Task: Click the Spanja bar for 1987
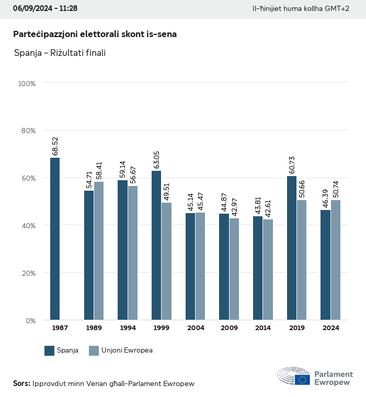coord(55,239)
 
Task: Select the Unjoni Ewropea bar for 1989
coord(99,251)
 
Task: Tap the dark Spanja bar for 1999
coord(156,245)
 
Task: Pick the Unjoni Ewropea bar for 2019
coord(302,260)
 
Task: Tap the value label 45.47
coord(200,200)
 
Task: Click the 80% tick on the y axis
coord(27,131)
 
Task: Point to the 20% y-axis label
coord(27,273)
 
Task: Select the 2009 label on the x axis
coord(229,328)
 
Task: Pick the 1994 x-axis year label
coord(128,328)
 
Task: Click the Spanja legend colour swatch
coord(50,351)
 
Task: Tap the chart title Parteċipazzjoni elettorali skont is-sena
coord(95,34)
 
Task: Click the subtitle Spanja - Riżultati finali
coord(60,53)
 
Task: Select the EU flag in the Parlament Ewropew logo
coord(302,379)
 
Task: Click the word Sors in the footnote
coord(21,383)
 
